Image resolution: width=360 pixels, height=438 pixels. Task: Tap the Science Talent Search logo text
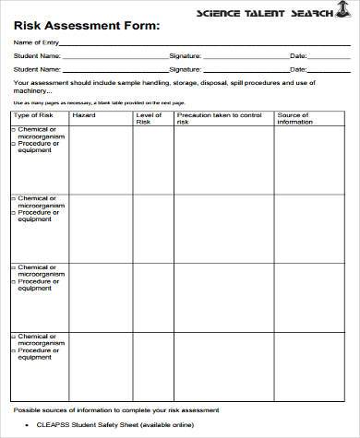click(x=276, y=13)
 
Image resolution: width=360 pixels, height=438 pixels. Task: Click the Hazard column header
click(x=84, y=115)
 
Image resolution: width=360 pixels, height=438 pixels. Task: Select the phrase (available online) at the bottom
click(x=169, y=426)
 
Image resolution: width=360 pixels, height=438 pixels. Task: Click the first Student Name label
click(x=38, y=55)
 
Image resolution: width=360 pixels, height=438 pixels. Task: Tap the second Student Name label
click(x=38, y=67)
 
